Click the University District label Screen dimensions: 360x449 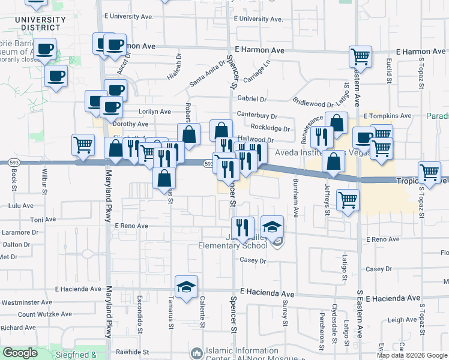pyautogui.click(x=40, y=23)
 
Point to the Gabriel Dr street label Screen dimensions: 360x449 pyautogui.click(x=252, y=99)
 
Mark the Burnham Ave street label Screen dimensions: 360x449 pyautogui.click(x=295, y=197)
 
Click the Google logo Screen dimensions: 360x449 pyautogui.click(x=20, y=353)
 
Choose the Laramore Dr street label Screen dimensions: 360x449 pyautogui.click(x=19, y=232)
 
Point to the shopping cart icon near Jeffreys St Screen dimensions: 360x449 pyautogui.click(x=348, y=200)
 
